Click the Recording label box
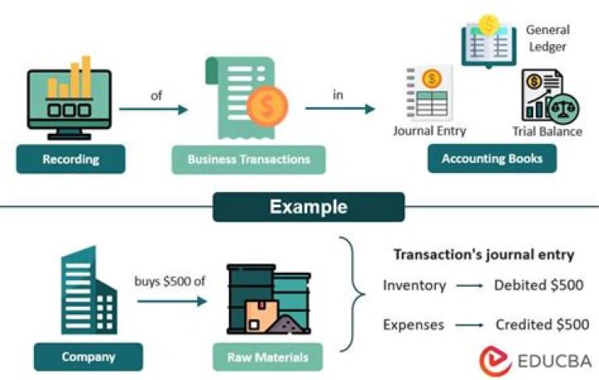pyautogui.click(x=70, y=159)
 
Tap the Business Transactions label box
pyautogui.click(x=248, y=159)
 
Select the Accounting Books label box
pyautogui.click(x=492, y=159)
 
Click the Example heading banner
pyautogui.click(x=309, y=207)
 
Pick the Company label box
pyautogui.click(x=87, y=358)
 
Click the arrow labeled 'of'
pyautogui.click(x=154, y=108)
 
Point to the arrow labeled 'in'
pyautogui.click(x=339, y=108)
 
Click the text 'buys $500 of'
pyautogui.click(x=170, y=281)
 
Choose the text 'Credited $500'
pyautogui.click(x=542, y=324)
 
